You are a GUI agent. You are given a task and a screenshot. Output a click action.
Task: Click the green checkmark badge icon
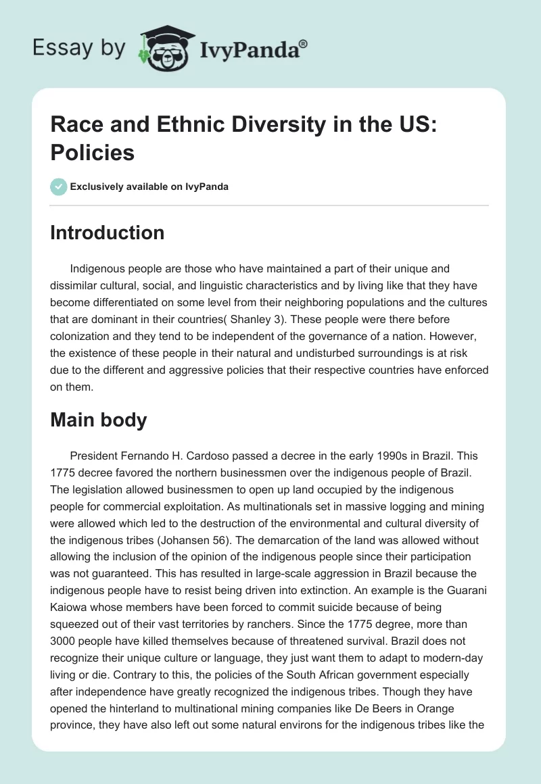click(x=59, y=187)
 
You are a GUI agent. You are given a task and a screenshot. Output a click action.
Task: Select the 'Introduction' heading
click(x=108, y=232)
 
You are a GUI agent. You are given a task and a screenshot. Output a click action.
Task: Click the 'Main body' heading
click(x=99, y=420)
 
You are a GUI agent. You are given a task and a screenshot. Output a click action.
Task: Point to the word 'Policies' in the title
click(x=93, y=152)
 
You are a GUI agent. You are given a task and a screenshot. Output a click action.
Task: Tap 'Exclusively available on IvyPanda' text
click(x=149, y=187)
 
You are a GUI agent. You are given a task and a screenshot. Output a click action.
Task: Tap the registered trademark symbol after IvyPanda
click(x=304, y=44)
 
